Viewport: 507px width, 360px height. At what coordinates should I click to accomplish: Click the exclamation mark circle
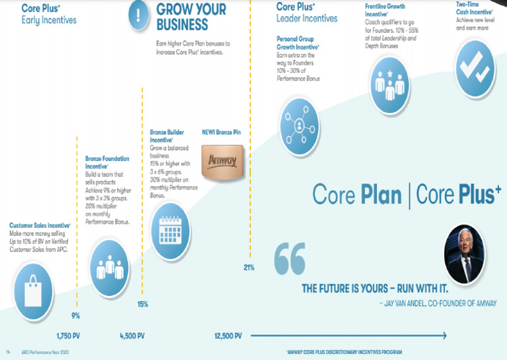pos(138,17)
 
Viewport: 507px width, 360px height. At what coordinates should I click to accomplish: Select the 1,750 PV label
pos(69,336)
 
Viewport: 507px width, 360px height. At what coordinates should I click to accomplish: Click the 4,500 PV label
pos(133,336)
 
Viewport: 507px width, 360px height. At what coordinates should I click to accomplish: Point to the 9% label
pos(75,315)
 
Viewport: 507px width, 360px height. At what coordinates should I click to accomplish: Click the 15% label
pos(143,305)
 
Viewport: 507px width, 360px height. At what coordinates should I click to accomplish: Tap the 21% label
pos(249,268)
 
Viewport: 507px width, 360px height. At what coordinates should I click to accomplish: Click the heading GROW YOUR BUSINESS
pos(191,17)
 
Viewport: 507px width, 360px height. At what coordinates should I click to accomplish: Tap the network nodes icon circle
pos(300,123)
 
